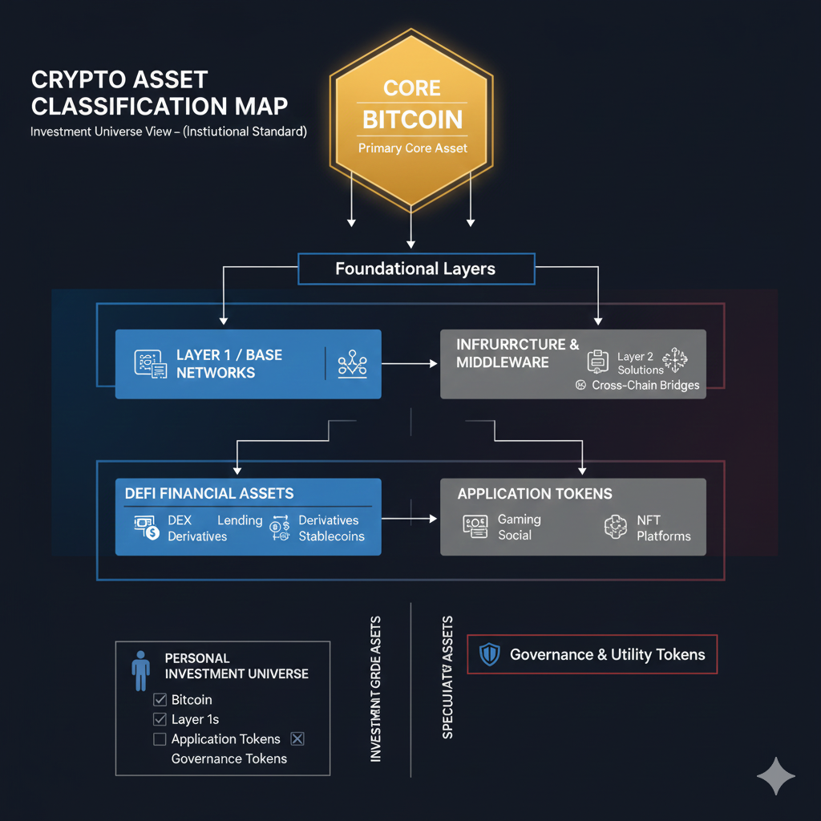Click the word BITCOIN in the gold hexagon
click(412, 119)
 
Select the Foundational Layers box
click(415, 269)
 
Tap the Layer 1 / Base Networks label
click(229, 363)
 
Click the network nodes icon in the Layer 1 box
click(352, 364)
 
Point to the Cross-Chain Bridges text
click(645, 385)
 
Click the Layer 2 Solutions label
click(640, 363)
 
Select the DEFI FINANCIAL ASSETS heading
click(209, 494)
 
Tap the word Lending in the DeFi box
click(240, 520)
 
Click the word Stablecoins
click(331, 536)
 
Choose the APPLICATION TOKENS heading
click(535, 494)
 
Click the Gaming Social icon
click(475, 527)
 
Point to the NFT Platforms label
click(663, 528)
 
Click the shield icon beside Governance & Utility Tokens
click(489, 654)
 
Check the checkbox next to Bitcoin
click(160, 700)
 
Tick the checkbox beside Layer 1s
click(160, 719)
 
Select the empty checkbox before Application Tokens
click(160, 739)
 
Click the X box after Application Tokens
click(297, 739)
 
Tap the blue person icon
click(141, 670)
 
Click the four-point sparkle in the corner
click(776, 776)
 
